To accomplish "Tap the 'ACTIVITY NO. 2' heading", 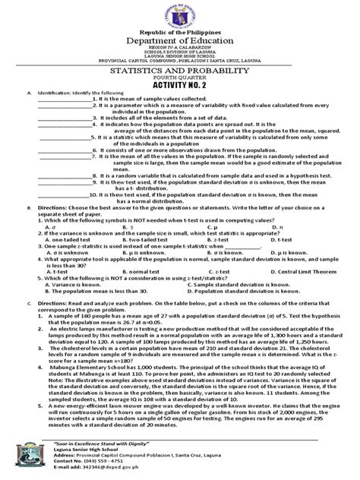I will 180,106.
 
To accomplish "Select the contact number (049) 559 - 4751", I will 106,465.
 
